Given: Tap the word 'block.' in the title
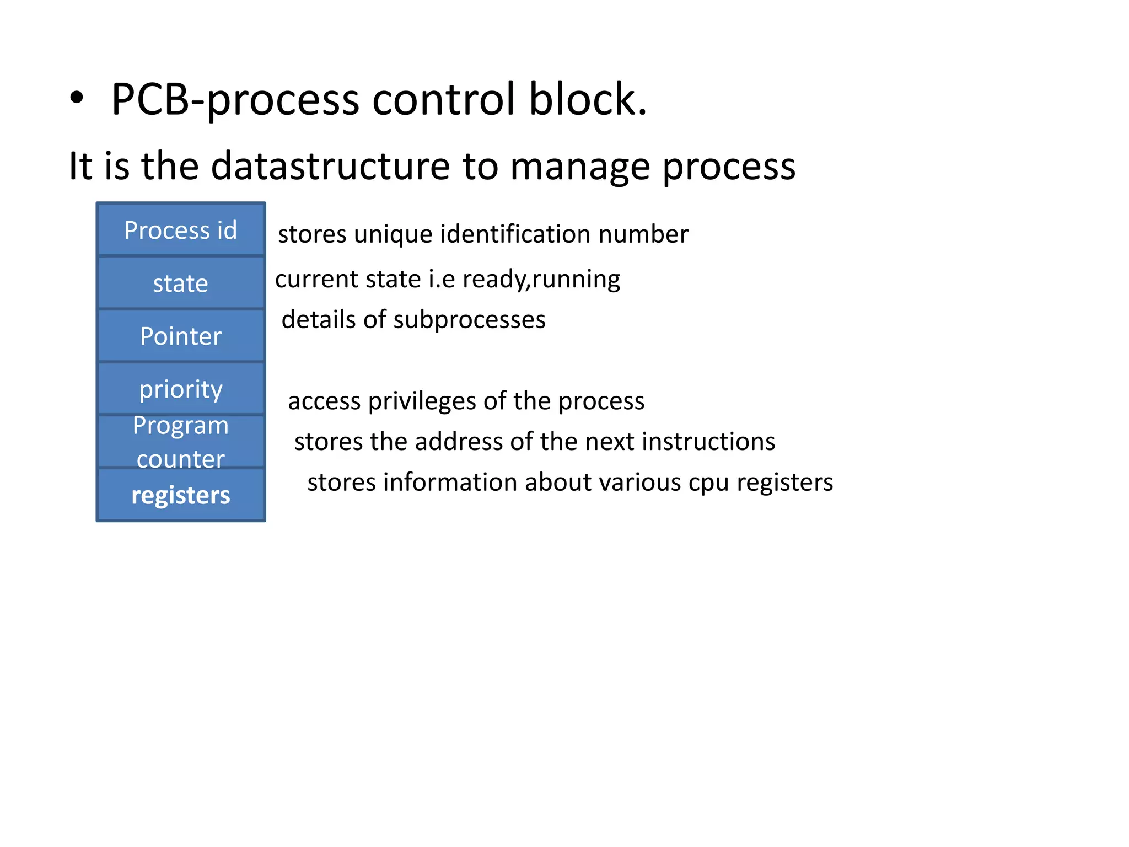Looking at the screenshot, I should tap(588, 99).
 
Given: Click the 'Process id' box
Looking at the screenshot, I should tap(181, 230).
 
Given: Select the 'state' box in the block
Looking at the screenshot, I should tap(181, 283).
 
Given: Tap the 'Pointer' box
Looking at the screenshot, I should tap(181, 336).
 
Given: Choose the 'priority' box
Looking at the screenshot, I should tap(181, 389).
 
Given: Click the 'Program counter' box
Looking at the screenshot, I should tap(181, 441).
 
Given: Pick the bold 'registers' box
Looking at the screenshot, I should tap(181, 495).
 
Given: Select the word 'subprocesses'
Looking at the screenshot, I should tap(469, 320).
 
